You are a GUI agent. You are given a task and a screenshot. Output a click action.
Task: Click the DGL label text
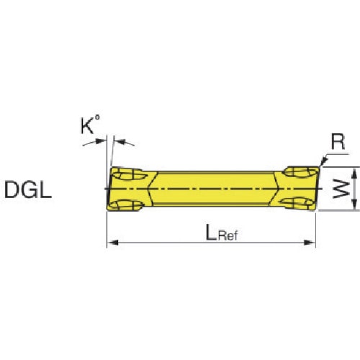(27, 191)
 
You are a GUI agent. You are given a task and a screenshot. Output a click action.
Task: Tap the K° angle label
(90, 127)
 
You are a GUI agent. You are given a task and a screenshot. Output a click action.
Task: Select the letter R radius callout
(338, 143)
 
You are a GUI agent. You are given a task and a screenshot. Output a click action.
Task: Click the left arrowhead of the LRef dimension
(110, 244)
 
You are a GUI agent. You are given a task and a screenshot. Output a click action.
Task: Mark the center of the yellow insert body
(212, 189)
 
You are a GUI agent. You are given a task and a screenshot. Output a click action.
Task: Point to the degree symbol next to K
(100, 121)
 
